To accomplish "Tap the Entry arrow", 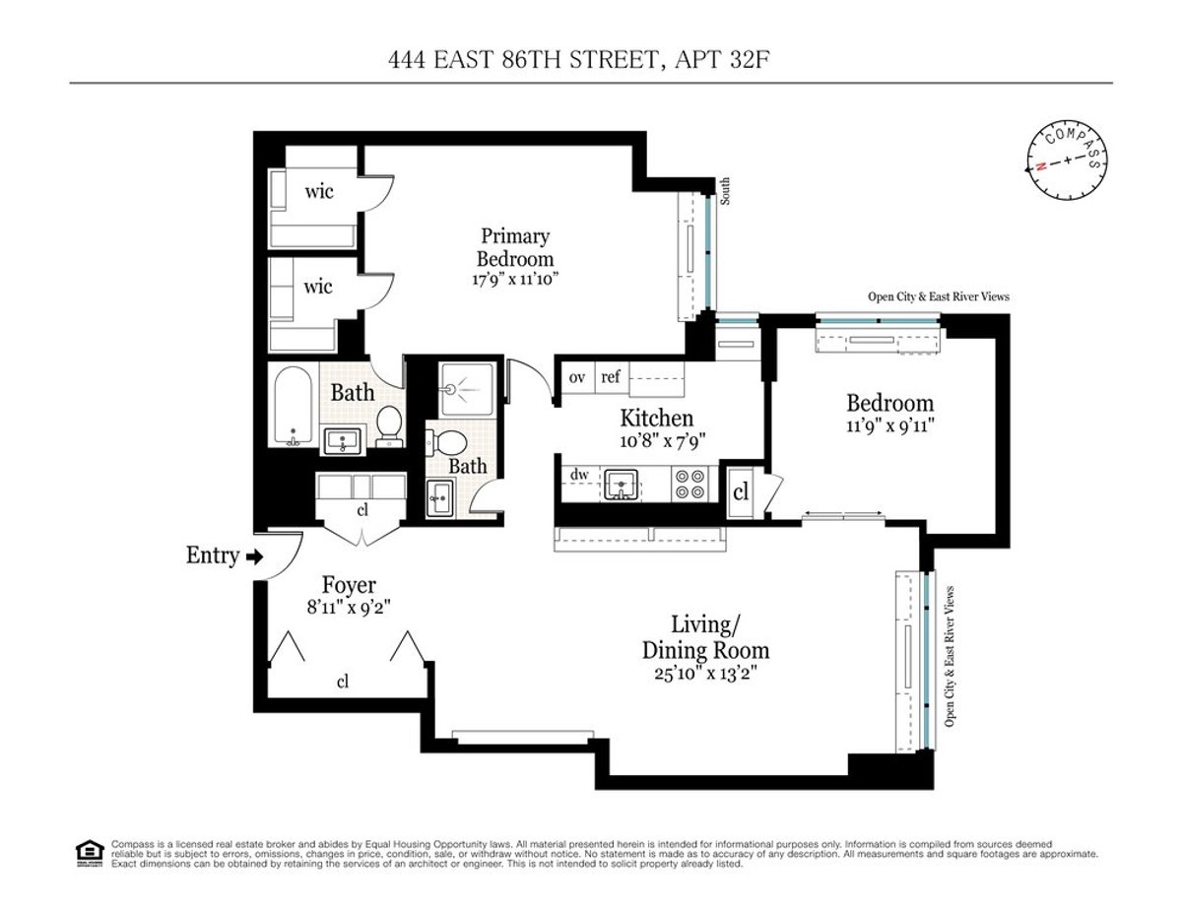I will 254,557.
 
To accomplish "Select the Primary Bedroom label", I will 514,247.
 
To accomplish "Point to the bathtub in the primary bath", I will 292,407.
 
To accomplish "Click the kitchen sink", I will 622,483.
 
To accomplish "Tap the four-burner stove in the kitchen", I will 687,483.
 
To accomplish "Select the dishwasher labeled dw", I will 579,476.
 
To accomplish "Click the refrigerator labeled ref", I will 611,376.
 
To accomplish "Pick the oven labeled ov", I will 577,376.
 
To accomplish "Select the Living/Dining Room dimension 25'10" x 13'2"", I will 705,674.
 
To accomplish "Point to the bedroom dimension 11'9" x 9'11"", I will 889,426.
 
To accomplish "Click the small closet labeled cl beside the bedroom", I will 741,495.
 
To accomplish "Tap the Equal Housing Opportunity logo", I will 90,852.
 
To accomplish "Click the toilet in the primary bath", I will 389,425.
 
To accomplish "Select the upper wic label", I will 318,191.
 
